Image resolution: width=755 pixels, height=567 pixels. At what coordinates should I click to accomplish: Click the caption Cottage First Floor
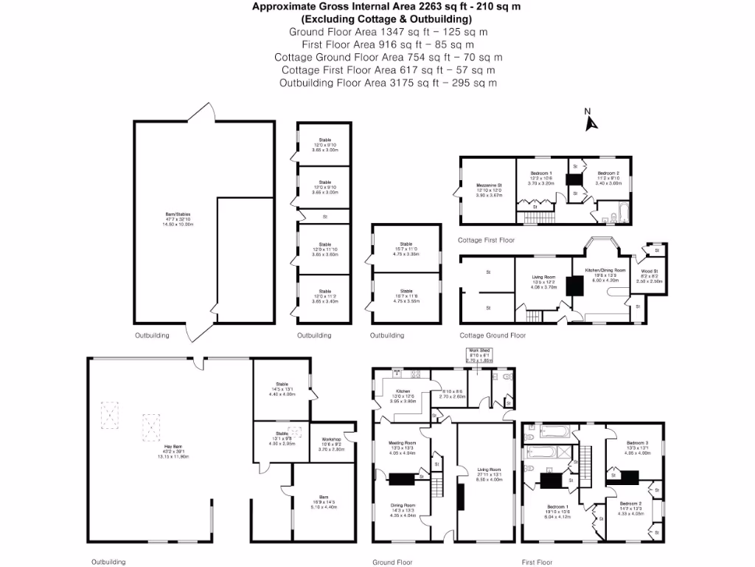coord(486,241)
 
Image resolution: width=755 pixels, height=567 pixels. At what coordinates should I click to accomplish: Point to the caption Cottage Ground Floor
coord(492,335)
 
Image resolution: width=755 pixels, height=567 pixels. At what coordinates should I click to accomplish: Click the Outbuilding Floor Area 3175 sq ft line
coord(388,83)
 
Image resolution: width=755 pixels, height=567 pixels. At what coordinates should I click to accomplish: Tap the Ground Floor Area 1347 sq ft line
coord(388,32)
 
